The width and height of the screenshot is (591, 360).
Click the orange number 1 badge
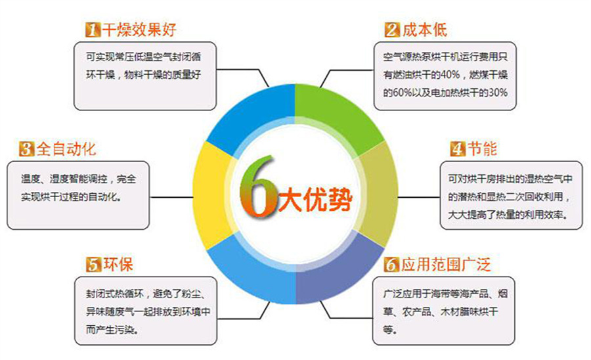pyautogui.click(x=93, y=30)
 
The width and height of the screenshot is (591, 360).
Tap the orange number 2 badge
pyautogui.click(x=392, y=30)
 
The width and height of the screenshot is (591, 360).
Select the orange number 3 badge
pyautogui.click(x=26, y=148)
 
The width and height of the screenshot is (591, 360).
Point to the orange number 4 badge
pyautogui.click(x=458, y=148)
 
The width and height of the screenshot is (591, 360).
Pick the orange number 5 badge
pyautogui.click(x=93, y=264)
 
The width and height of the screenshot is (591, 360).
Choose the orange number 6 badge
pyautogui.click(x=391, y=264)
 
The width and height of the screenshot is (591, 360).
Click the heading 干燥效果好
pyautogui.click(x=139, y=30)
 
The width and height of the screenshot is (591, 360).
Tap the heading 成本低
pyautogui.click(x=424, y=30)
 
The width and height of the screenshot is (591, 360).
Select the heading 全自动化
pyautogui.click(x=66, y=148)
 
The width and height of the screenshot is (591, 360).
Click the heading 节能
pyautogui.click(x=482, y=148)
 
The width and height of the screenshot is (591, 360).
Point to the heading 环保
pyautogui.click(x=118, y=264)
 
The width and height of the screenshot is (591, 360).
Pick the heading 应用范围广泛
pyautogui.click(x=446, y=264)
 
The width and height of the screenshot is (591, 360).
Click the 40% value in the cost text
pyautogui.click(x=450, y=75)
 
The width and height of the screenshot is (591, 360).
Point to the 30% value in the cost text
pyautogui.click(x=498, y=93)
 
